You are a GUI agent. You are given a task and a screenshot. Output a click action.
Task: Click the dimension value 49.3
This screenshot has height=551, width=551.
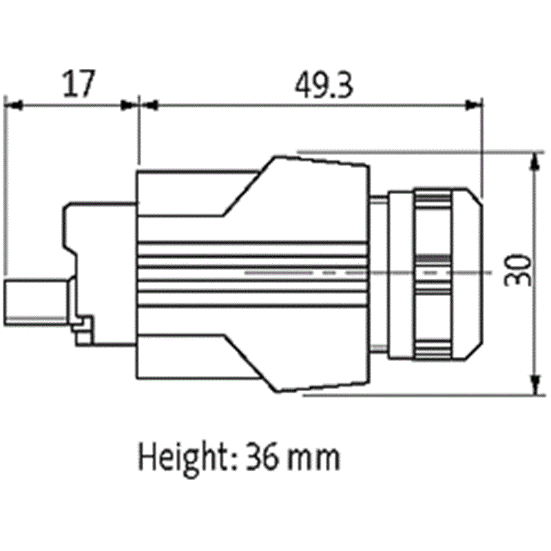324,85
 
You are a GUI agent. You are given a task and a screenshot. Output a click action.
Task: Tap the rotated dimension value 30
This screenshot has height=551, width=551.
517,270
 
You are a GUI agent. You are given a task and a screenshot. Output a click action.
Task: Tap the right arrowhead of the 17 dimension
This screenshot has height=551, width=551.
129,105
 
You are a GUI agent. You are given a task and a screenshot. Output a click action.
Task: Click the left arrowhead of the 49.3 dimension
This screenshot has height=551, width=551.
149,105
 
